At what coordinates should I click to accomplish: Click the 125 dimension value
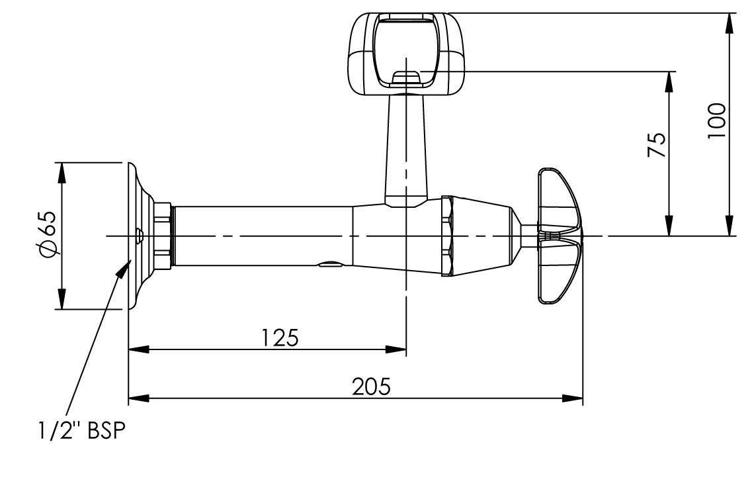point(279,338)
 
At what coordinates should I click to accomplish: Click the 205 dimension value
point(371,387)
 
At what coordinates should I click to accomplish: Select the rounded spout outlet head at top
point(405,53)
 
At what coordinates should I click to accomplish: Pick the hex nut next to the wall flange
point(162,236)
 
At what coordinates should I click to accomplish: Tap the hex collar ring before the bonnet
point(447,236)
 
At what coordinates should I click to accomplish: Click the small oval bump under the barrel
point(330,265)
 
